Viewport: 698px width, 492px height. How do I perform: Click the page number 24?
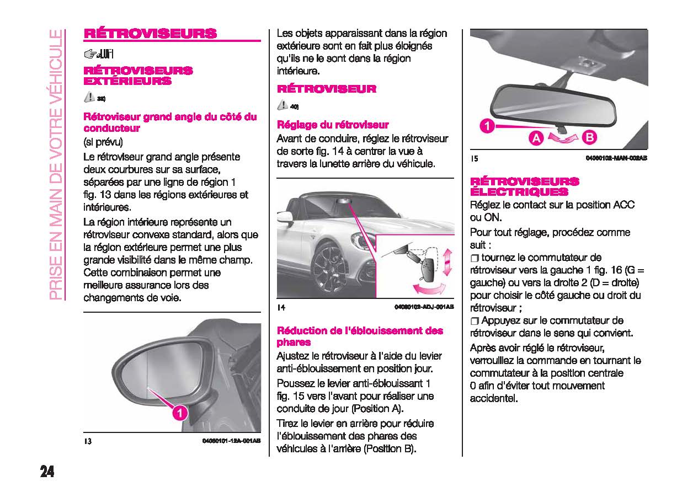47,472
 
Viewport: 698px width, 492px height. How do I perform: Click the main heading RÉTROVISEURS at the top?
150,33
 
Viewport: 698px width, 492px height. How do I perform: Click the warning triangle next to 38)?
89,98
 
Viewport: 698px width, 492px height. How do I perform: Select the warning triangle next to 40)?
283,105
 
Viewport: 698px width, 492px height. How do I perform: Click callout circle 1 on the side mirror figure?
179,413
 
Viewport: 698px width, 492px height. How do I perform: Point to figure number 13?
87,442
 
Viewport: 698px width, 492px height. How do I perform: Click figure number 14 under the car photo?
281,307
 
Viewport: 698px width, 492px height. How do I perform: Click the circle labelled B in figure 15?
588,138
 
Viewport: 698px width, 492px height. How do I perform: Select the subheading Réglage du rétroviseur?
332,125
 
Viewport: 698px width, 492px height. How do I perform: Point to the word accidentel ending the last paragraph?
494,398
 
